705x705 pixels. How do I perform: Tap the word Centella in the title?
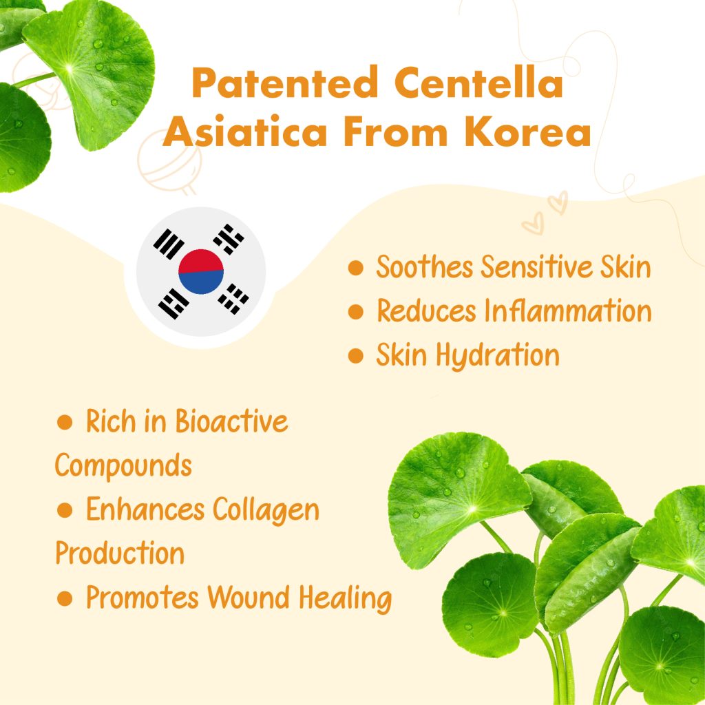(479, 82)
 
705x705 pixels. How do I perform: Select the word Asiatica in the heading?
(244, 131)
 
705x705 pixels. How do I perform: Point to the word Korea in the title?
(527, 131)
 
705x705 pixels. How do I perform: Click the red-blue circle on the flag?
(201, 271)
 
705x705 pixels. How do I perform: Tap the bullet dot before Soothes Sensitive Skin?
(356, 268)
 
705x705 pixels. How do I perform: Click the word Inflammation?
(568, 311)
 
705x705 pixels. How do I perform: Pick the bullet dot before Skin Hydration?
(356, 356)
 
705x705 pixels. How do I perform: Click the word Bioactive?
(231, 421)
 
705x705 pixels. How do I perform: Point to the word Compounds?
(123, 466)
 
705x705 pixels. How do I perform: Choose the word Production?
(120, 553)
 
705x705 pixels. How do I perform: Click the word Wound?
(248, 598)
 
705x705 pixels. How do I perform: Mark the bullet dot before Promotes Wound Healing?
(65, 598)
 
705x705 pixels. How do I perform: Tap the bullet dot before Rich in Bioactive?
(65, 422)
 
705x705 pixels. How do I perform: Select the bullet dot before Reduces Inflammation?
(356, 312)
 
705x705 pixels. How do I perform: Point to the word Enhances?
(145, 510)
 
